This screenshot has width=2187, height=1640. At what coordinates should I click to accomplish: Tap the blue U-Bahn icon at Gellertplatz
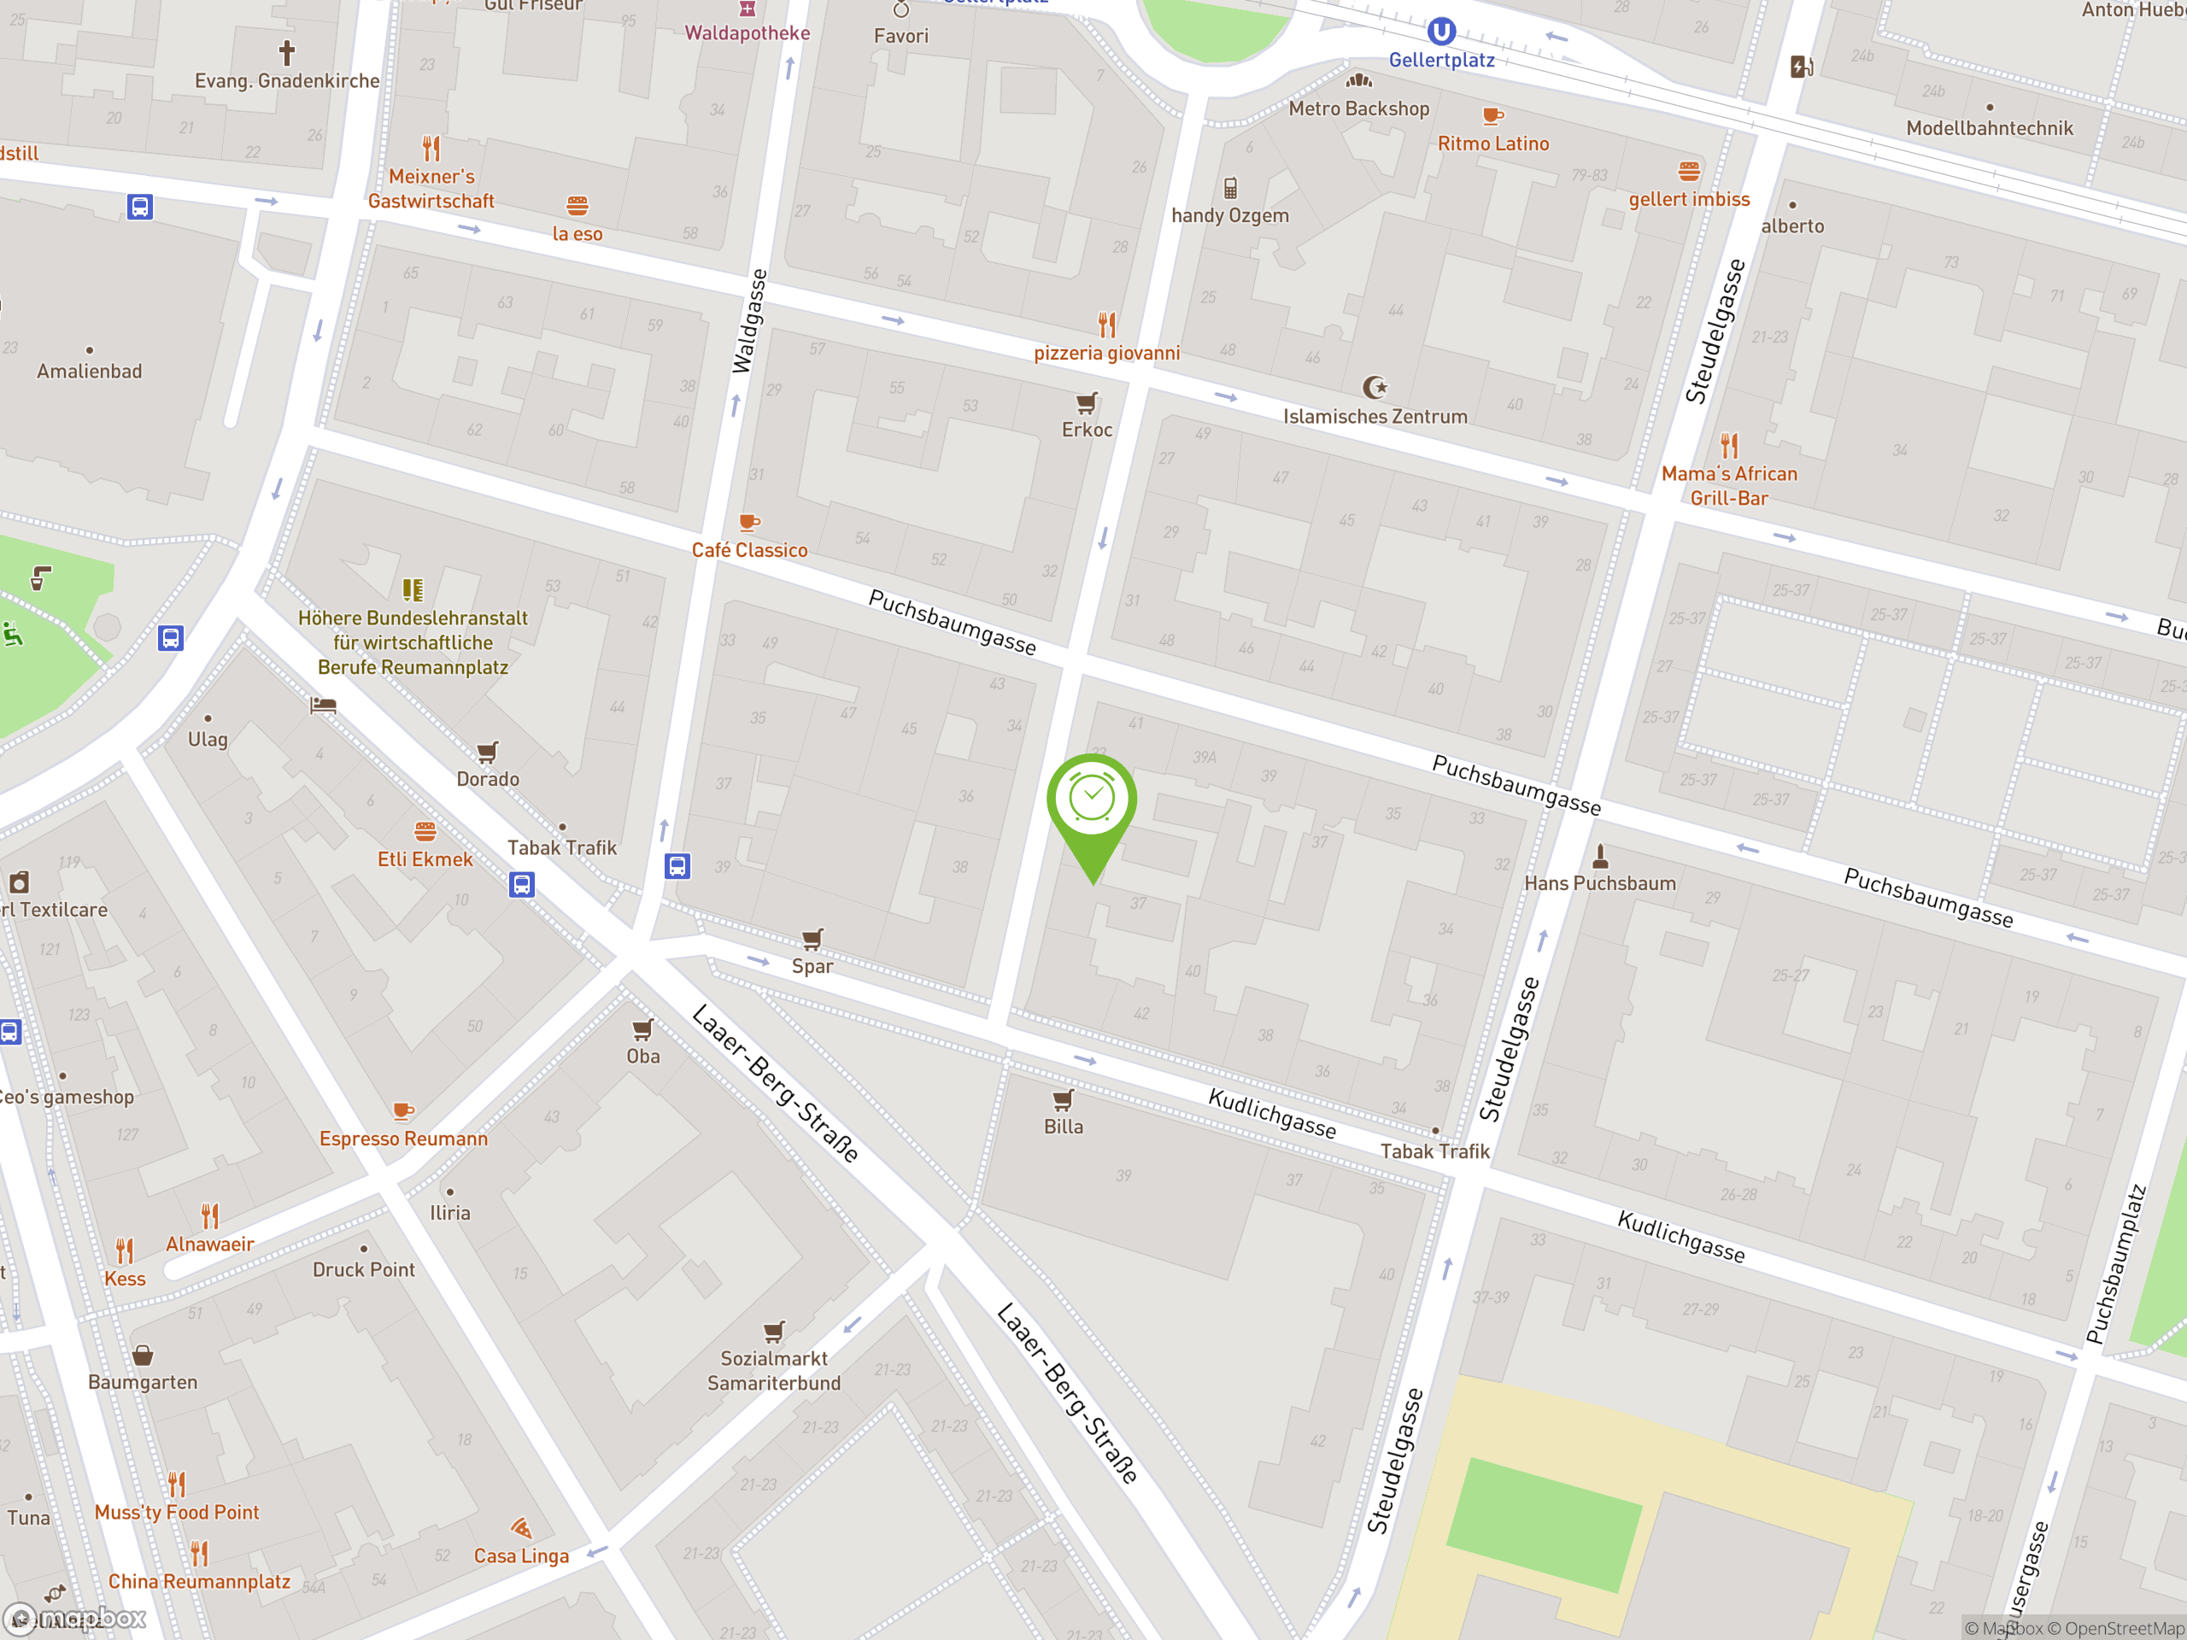(x=1440, y=32)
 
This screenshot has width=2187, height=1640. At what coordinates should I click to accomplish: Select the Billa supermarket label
(x=1063, y=1127)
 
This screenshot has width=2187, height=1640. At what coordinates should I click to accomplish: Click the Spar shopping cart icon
(x=812, y=938)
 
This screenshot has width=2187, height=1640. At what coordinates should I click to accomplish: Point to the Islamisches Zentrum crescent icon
(x=1375, y=388)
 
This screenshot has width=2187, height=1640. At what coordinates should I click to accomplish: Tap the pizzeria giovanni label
(x=1106, y=353)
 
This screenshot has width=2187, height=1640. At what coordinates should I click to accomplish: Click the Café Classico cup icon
(x=749, y=522)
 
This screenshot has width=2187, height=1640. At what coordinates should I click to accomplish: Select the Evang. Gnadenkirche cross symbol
(x=287, y=51)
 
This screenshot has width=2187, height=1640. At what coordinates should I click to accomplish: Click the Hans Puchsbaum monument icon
(x=1600, y=855)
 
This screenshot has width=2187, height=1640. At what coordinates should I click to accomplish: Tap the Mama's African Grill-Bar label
(x=1728, y=485)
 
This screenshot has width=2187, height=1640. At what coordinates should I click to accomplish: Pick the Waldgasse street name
(x=748, y=321)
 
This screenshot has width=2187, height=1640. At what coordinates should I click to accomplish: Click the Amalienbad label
(x=89, y=372)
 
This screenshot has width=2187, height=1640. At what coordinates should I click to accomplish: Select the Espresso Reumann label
(x=403, y=1139)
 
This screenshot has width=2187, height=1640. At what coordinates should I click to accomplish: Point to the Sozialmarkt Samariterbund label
(x=773, y=1371)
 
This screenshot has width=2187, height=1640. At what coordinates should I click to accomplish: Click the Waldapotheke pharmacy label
(x=748, y=32)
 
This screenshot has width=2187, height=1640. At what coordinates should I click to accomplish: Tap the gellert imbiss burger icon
(x=1689, y=171)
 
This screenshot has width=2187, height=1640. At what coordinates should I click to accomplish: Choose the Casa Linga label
(x=521, y=1556)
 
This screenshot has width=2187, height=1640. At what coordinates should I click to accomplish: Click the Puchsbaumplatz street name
(x=2116, y=1265)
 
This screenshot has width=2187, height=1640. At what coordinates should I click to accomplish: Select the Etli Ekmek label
(x=425, y=859)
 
